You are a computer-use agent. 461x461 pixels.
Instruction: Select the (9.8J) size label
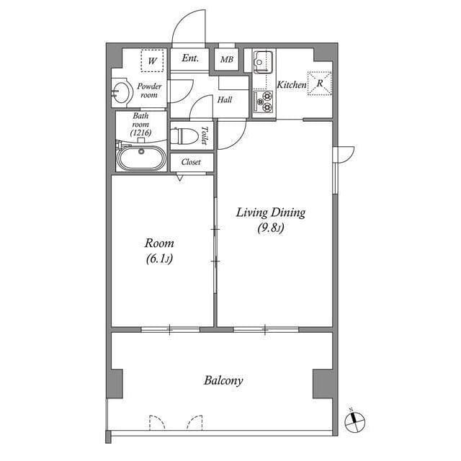point(272,229)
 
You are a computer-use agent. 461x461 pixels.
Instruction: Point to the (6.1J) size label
point(159,259)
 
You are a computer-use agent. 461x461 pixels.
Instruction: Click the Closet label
point(191,162)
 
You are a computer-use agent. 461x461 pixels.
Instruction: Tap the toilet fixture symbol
point(187,135)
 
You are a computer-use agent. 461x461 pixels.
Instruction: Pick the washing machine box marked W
point(152,61)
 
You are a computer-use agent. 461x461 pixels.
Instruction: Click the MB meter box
point(226,61)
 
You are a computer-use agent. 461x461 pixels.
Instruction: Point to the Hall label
point(224,100)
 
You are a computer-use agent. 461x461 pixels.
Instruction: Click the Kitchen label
point(291,85)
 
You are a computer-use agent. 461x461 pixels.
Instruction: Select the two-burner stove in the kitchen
point(263,102)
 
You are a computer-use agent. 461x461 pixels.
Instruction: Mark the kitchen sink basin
point(262,61)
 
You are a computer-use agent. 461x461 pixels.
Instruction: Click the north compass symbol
point(356,421)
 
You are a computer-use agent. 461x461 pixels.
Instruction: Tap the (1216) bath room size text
point(140,133)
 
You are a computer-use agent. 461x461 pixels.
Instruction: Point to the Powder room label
point(148,91)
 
